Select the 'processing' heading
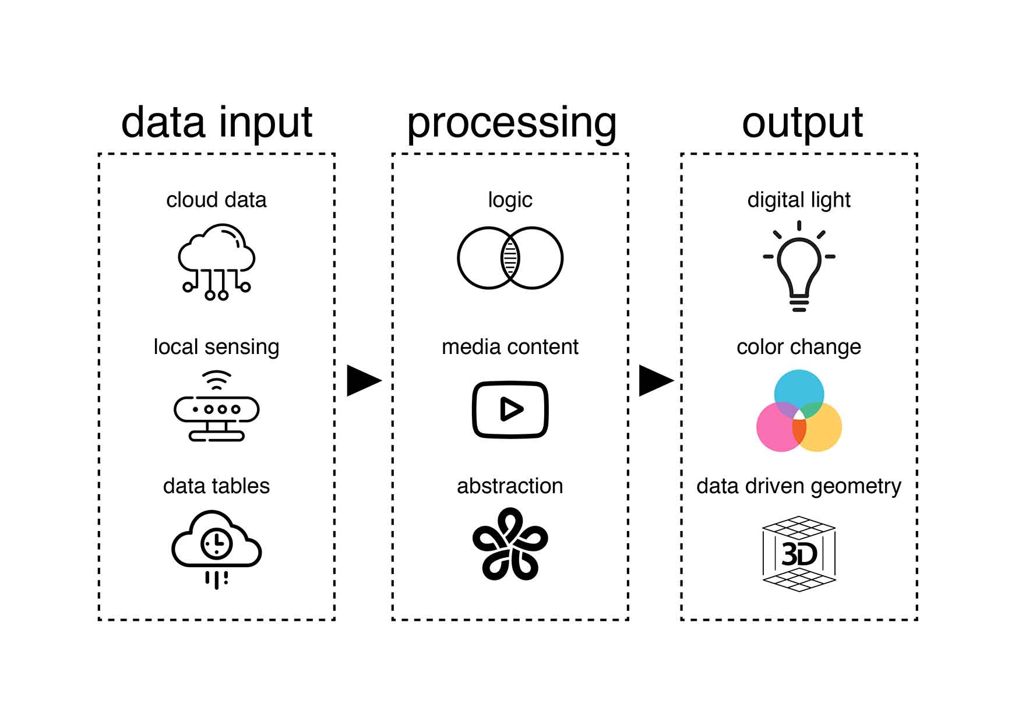point(511,123)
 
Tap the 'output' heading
point(802,123)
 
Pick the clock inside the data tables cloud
point(216,544)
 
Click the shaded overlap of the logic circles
point(510,258)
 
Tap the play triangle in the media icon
point(511,409)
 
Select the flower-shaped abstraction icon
point(510,544)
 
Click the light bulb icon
point(799,268)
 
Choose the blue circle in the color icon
point(799,388)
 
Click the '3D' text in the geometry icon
point(799,554)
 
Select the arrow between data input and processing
point(362,381)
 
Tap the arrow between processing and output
point(655,381)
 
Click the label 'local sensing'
point(216,347)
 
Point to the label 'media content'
point(510,347)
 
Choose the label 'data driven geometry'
point(798,486)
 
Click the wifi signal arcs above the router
point(216,380)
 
